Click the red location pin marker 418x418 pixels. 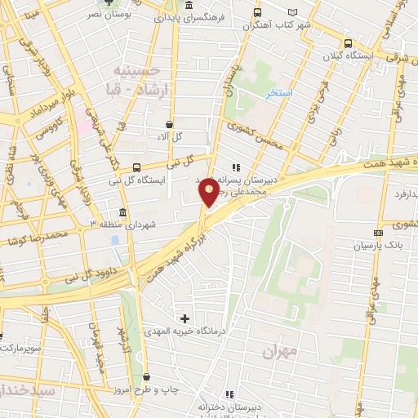210,192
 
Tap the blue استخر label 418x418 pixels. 278,94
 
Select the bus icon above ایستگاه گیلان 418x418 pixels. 349,44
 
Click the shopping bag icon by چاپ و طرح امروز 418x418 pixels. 146,377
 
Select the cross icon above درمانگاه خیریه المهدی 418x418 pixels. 185,318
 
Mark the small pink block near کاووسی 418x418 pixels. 84,128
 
